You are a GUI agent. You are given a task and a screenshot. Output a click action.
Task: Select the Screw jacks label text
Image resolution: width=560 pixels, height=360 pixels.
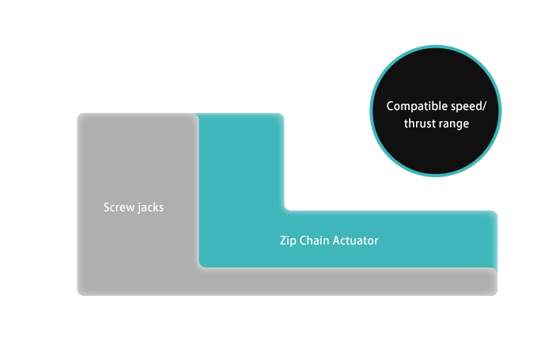point(134,207)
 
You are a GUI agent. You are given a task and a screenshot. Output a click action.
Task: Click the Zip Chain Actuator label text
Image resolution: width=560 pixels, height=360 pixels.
point(329,241)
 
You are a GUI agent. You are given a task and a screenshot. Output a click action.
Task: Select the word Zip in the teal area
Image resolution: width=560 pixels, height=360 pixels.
point(288,241)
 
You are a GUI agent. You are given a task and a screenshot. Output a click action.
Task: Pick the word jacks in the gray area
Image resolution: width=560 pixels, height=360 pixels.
point(150,207)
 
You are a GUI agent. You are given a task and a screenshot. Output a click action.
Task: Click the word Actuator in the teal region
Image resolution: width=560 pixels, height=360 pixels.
point(357,241)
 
